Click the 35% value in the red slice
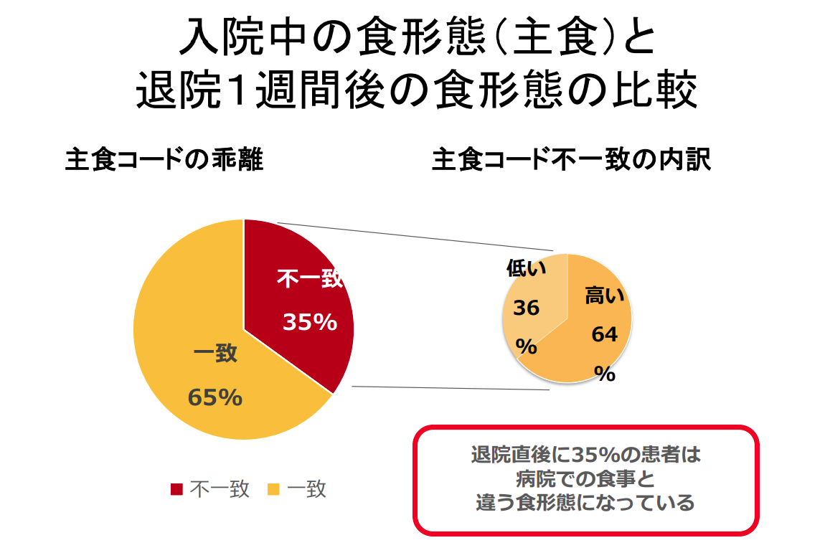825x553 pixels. [309, 323]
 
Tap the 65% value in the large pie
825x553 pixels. [214, 397]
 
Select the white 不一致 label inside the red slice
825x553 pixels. [309, 279]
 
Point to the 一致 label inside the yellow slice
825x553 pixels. [215, 354]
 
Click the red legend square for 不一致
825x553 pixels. [176, 489]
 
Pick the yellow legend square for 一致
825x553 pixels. [273, 489]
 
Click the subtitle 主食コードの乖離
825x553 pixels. [164, 160]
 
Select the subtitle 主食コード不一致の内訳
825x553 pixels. [571, 160]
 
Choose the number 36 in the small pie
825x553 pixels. [526, 308]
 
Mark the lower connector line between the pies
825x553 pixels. [452, 388]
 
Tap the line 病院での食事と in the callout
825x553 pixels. [585, 479]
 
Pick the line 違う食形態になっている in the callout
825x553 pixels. [585, 503]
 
